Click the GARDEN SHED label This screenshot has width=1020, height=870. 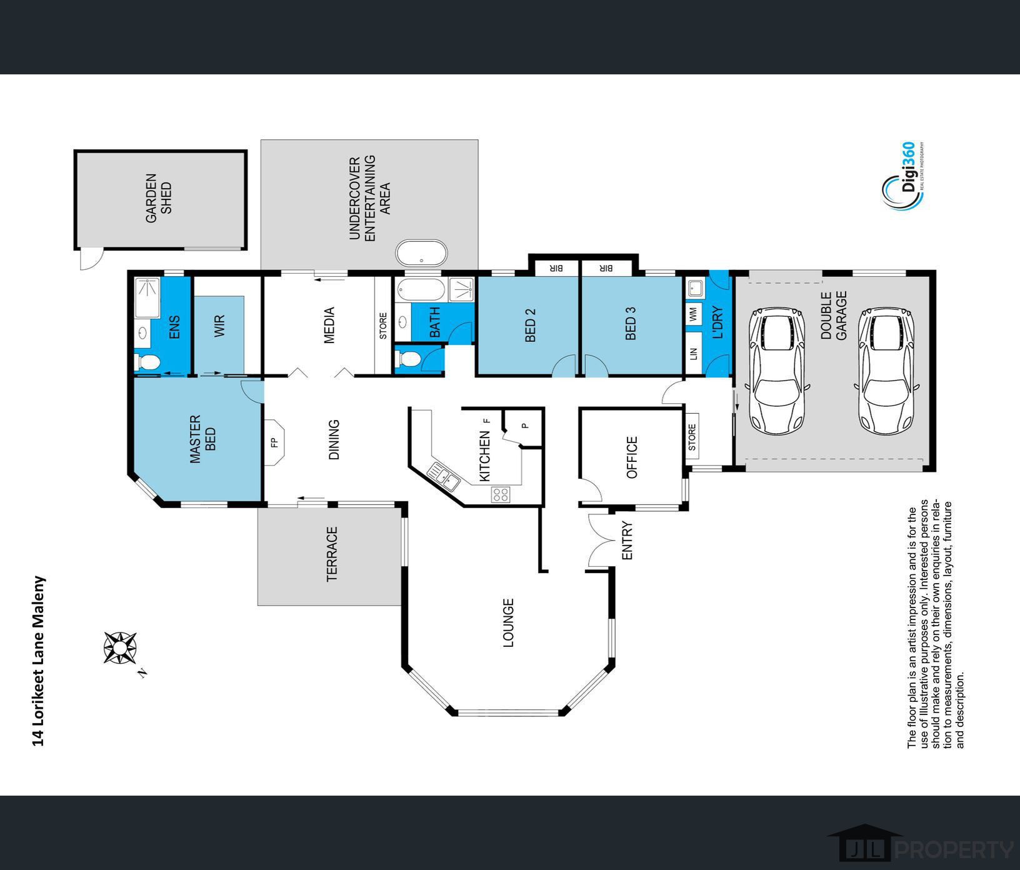tap(159, 198)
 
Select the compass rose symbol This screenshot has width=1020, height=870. tap(121, 647)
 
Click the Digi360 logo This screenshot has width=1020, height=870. tap(902, 177)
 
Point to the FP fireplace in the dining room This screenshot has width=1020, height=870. tap(274, 442)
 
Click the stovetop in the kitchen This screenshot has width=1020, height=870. tap(500, 495)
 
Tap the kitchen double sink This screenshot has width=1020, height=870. tap(444, 476)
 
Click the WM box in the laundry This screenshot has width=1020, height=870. tap(694, 314)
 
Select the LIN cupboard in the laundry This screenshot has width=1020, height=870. tap(694, 354)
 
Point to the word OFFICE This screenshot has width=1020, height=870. tap(632, 457)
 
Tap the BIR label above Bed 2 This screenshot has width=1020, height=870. tap(556, 268)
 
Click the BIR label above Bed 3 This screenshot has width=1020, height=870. tap(606, 268)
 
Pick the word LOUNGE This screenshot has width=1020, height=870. tap(508, 622)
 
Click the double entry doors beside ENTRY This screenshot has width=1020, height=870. tap(599, 540)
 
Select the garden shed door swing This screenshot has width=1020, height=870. tap(90, 259)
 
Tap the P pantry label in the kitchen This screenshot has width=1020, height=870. tap(526, 426)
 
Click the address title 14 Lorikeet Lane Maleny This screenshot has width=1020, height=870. tap(39, 661)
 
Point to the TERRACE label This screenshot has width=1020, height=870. tap(332, 554)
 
